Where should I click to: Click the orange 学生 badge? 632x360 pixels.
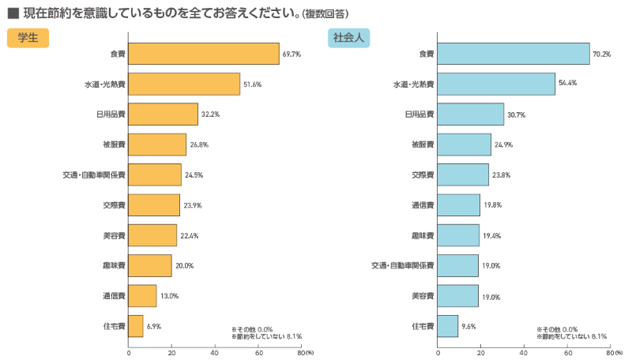coord(28,37)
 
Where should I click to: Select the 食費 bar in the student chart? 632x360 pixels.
coord(204,54)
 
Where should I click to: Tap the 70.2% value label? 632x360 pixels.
coord(602,54)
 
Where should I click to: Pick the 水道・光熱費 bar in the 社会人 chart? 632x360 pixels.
coord(496,84)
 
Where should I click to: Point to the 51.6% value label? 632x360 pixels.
coord(252,84)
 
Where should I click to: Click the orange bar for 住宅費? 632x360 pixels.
coord(136,326)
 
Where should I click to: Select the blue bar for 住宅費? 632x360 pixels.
coord(447,326)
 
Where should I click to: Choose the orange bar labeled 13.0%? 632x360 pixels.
coord(142,296)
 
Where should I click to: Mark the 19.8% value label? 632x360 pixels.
coord(491,205)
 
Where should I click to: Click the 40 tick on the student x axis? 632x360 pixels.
coord(215,352)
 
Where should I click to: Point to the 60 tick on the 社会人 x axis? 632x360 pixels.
coord(567,352)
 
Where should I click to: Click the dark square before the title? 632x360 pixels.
coord(13,13)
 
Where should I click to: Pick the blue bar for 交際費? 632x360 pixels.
coord(462,174)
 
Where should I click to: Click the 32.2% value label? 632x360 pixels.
coord(210,114)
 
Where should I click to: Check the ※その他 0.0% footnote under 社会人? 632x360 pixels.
coord(558,328)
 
